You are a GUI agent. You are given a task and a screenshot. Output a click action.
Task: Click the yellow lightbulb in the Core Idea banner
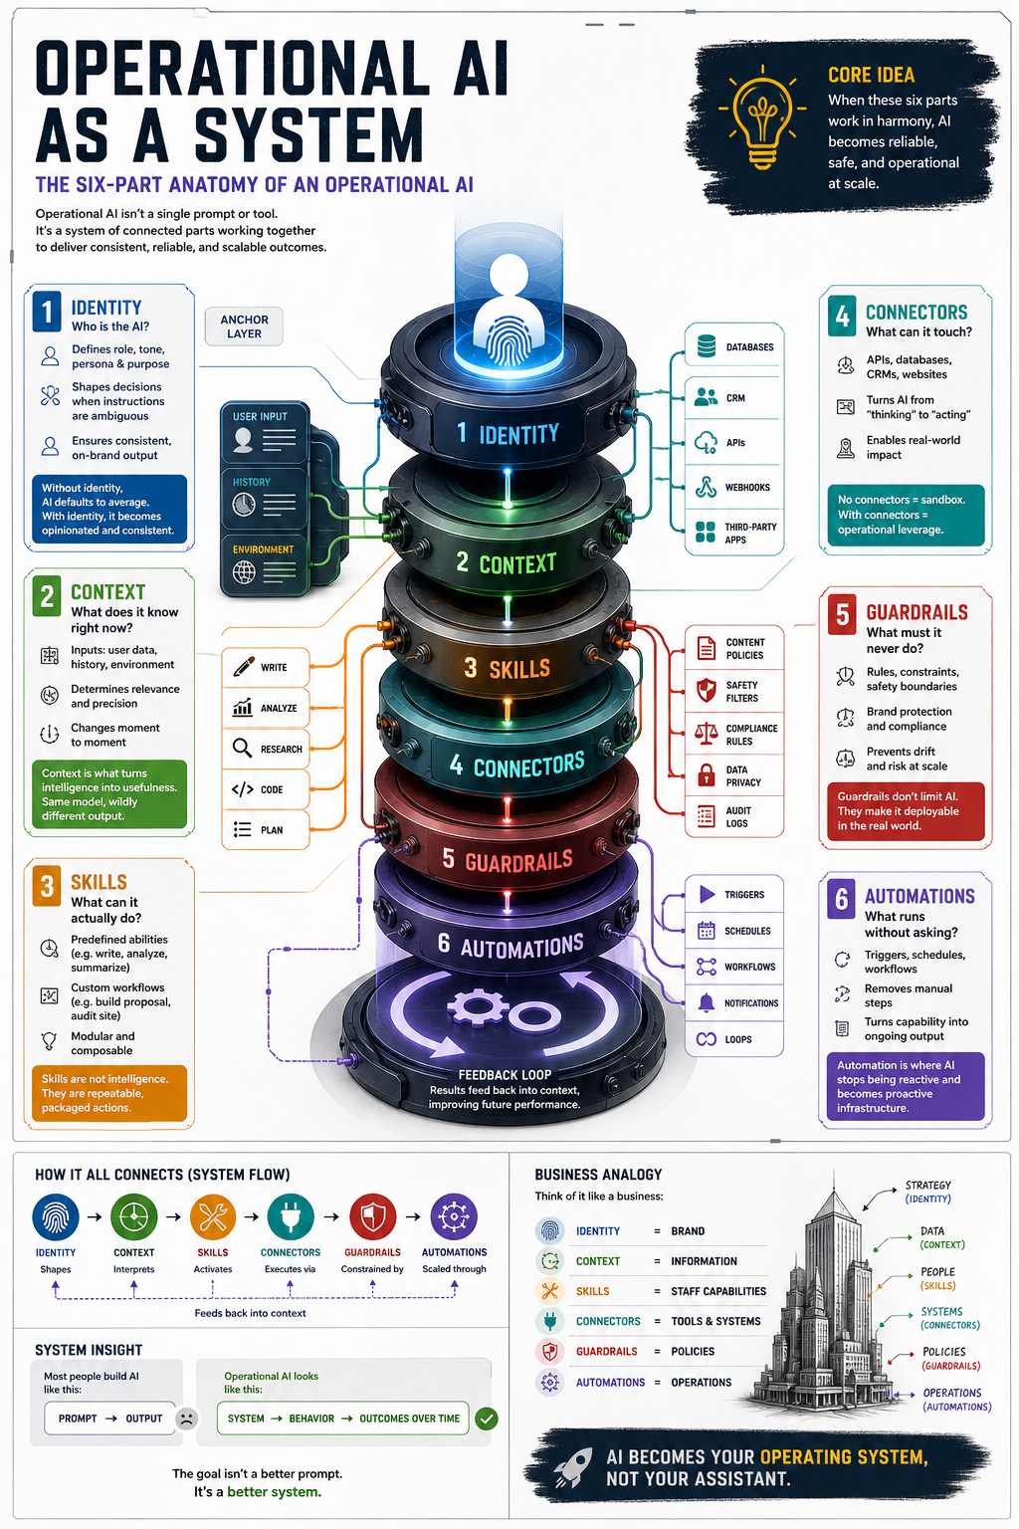(762, 118)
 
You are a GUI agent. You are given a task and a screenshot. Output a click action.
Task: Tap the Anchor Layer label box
(244, 327)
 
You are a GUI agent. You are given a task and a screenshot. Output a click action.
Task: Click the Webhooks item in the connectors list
(733, 488)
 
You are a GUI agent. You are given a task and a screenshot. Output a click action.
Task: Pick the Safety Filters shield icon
(706, 690)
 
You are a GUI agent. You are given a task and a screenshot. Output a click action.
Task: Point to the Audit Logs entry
(733, 816)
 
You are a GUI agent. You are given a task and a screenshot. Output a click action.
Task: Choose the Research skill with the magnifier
(266, 749)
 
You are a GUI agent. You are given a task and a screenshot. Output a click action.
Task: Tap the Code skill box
(266, 789)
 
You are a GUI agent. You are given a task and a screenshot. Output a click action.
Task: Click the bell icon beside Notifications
(706, 1002)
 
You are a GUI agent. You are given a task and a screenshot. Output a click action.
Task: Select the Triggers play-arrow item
(733, 894)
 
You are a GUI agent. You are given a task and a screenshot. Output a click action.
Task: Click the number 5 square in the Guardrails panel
(842, 615)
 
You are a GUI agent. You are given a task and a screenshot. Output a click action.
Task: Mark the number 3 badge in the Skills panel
(47, 886)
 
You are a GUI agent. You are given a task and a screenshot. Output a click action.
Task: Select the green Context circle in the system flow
(133, 1216)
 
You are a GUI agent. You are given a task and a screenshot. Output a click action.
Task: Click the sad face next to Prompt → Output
(186, 1418)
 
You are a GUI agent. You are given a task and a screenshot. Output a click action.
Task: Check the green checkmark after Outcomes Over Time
(487, 1419)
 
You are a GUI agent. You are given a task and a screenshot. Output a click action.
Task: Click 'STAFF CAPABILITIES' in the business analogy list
(718, 1291)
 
